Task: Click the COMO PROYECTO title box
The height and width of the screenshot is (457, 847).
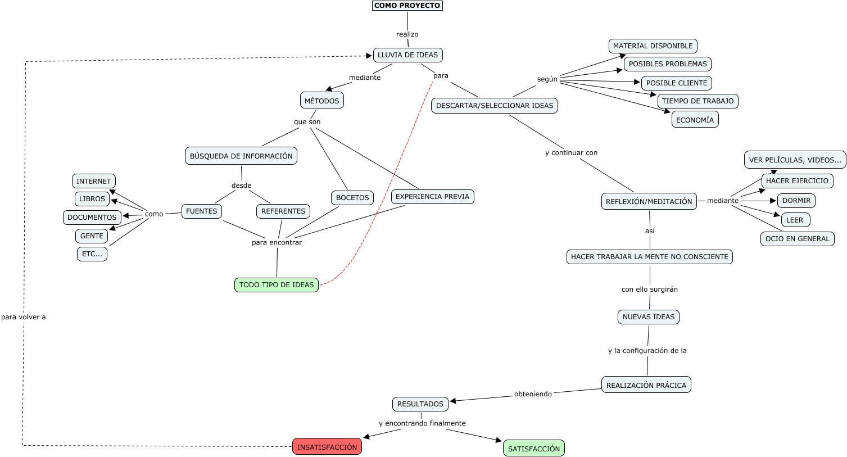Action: [407, 6]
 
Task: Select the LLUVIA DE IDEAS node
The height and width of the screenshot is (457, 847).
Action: [407, 55]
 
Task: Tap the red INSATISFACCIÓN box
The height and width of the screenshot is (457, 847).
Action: [327, 447]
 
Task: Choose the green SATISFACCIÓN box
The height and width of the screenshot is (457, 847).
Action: [534, 449]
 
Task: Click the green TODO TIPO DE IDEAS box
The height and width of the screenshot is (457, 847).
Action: [277, 285]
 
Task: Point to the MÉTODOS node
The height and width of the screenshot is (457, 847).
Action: [322, 101]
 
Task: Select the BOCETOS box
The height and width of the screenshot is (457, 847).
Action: [352, 198]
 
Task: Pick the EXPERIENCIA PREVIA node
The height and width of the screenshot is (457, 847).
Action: [432, 197]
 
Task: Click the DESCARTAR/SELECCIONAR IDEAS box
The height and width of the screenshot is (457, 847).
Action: [495, 106]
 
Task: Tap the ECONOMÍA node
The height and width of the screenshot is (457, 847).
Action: [695, 120]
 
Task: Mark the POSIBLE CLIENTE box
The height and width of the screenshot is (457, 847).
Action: [677, 83]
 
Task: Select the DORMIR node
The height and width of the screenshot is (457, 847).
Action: [796, 201]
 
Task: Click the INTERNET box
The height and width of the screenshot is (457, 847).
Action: [94, 182]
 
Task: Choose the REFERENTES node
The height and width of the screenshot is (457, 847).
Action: [283, 211]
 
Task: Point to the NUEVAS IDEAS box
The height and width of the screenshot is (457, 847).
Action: [649, 317]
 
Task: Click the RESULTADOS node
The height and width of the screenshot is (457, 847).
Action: [420, 404]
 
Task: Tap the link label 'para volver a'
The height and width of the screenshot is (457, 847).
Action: [24, 317]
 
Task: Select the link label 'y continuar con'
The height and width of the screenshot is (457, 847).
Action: [571, 153]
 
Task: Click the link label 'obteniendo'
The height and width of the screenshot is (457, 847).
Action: [533, 394]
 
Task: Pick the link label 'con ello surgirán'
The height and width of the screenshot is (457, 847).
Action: [650, 289]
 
